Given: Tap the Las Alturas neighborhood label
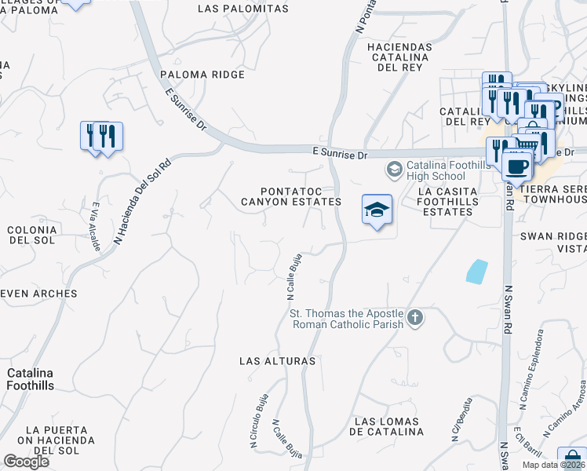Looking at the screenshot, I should pyautogui.click(x=278, y=361).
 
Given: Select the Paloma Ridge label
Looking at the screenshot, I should pyautogui.click(x=202, y=75).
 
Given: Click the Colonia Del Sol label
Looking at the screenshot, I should pyautogui.click(x=31, y=235).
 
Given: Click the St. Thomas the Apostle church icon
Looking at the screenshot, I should pyautogui.click(x=415, y=318).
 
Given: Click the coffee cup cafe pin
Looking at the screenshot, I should pyautogui.click(x=517, y=166).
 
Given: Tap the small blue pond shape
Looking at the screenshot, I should pyautogui.click(x=476, y=272).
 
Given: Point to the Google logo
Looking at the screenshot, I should pyautogui.click(x=26, y=462).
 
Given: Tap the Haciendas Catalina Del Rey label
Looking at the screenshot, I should pyautogui.click(x=399, y=57).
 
